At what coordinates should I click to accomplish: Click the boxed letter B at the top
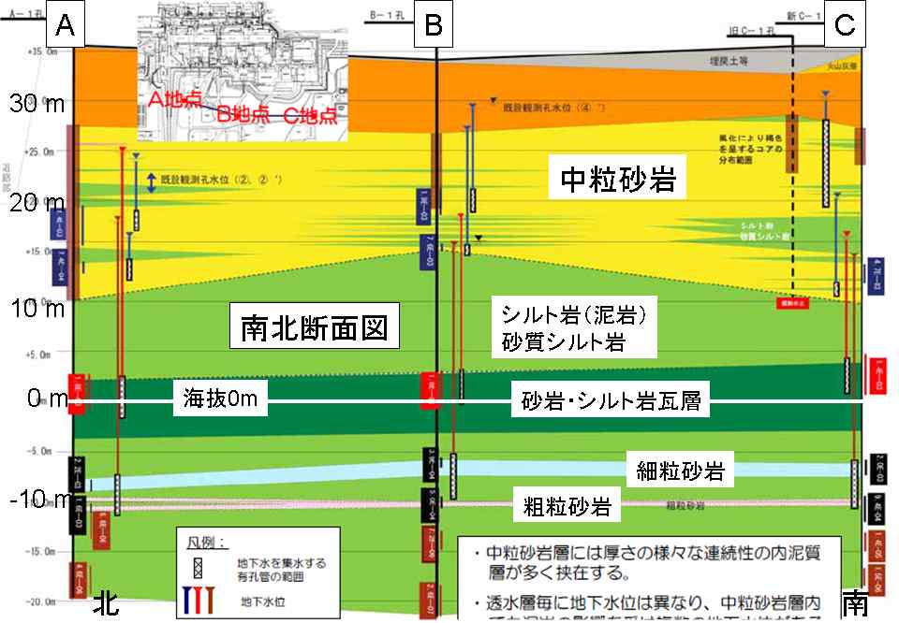433,26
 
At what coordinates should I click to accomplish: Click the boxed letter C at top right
844,26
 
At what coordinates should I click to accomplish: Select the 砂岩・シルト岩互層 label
612,403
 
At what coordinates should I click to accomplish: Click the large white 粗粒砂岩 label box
567,508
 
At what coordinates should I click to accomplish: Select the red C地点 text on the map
312,116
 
